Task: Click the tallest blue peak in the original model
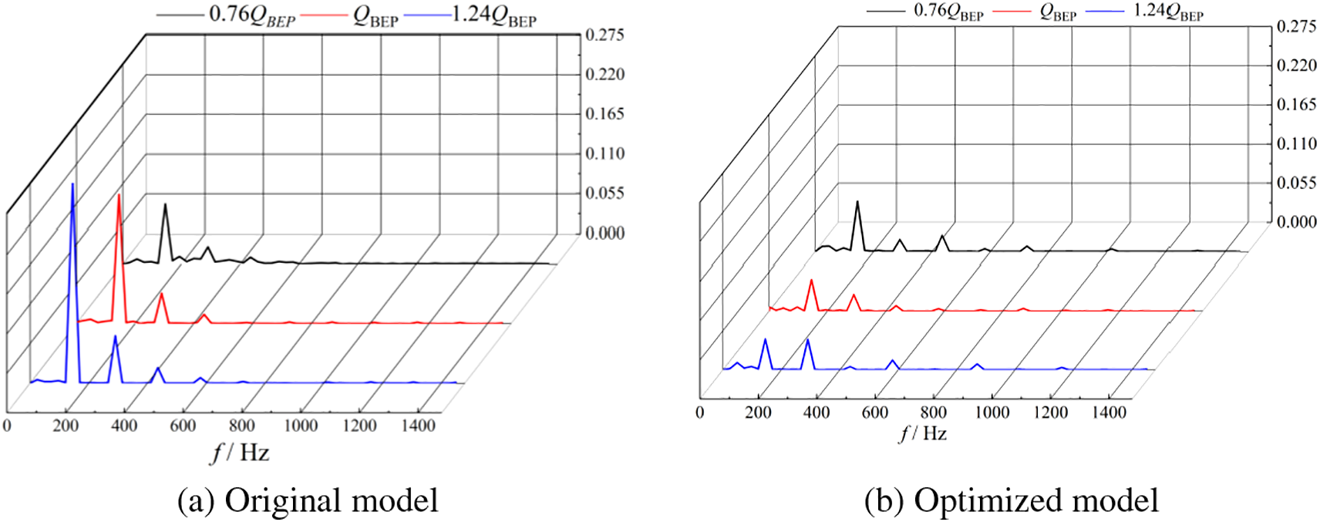click(x=72, y=185)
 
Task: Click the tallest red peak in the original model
click(x=119, y=196)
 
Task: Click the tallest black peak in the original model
click(x=165, y=205)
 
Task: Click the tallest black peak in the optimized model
click(x=857, y=202)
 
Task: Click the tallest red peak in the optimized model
click(x=811, y=281)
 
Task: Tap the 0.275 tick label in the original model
click(x=604, y=35)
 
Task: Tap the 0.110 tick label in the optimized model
click(x=1296, y=143)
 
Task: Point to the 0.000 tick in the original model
click(x=604, y=233)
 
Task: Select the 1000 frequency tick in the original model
click(x=301, y=426)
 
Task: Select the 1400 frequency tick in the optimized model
click(x=1109, y=413)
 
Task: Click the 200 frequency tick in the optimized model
click(x=758, y=413)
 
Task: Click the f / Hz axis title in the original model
click(x=240, y=453)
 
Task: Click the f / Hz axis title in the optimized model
click(x=923, y=434)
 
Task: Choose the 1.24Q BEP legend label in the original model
click(x=493, y=15)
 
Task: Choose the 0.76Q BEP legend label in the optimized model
click(x=948, y=12)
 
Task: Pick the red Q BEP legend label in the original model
click(x=375, y=16)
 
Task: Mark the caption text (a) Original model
click(x=308, y=500)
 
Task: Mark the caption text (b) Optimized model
click(x=1011, y=500)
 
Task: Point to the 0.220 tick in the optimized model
click(x=1296, y=65)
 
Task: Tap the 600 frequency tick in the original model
click(x=183, y=426)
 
